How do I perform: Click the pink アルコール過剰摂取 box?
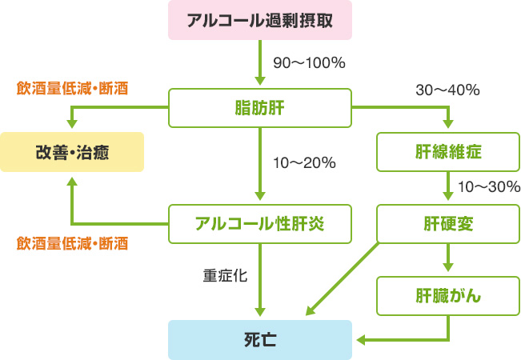click(260, 21)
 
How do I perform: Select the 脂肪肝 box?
click(260, 108)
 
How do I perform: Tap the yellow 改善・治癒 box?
click(72, 152)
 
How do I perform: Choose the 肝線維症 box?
click(448, 150)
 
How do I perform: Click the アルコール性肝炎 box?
click(260, 223)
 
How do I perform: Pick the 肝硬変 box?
click(448, 223)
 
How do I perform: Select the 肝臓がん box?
click(448, 295)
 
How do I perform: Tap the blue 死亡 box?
click(260, 339)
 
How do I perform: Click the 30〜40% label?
click(447, 90)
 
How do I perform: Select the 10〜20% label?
click(303, 163)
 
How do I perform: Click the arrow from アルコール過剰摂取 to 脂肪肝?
click(260, 64)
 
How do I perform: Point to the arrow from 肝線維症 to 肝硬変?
click(448, 187)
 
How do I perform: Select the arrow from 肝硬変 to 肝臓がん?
click(448, 258)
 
